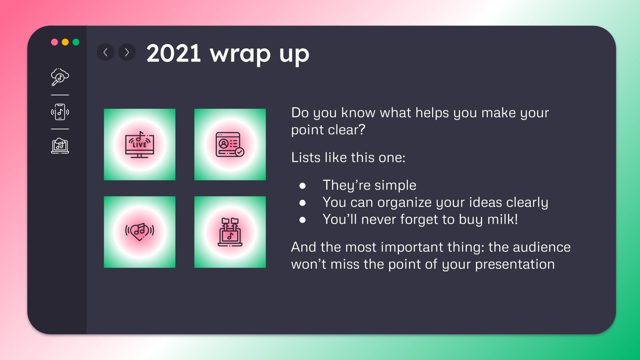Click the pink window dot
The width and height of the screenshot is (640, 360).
click(54, 42)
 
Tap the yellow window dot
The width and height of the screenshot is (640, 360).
click(65, 42)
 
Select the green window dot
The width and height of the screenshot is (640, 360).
click(76, 42)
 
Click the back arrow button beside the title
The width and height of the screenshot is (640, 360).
click(106, 52)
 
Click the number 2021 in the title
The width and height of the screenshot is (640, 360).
click(174, 53)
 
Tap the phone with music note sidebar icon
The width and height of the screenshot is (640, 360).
click(60, 112)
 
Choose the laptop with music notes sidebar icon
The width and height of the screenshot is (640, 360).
click(60, 146)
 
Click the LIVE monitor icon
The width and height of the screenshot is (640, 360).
click(140, 144)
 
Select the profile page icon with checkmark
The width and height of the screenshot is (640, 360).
click(230, 144)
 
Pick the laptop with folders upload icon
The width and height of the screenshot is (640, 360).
click(230, 232)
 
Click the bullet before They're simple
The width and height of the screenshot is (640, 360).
click(302, 186)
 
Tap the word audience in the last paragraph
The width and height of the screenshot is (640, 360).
click(542, 247)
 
